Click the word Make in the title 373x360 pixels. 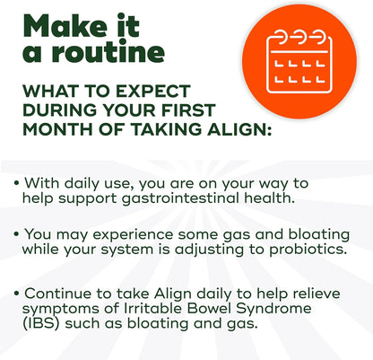65,25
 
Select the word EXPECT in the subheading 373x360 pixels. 152,91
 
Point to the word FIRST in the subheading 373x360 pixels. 188,110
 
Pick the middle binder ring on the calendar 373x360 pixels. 299,37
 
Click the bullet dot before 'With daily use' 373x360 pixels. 17,182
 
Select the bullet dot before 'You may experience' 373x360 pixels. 17,233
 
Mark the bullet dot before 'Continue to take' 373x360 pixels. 17,293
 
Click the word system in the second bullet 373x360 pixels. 126,250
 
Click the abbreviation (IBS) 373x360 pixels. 40,323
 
